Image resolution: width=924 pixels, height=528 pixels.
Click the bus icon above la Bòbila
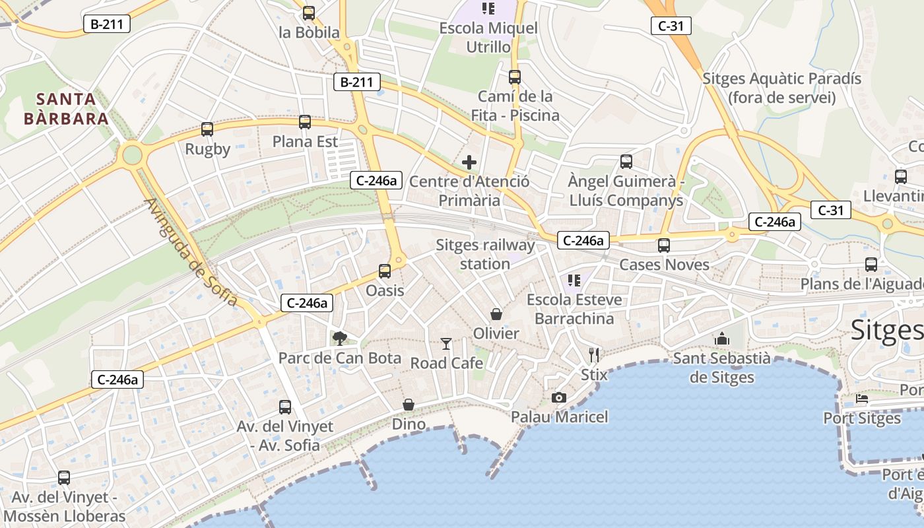[308, 13]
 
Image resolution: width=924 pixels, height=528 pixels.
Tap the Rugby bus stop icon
[207, 129]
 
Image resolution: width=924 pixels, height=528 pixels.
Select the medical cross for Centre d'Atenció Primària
[469, 162]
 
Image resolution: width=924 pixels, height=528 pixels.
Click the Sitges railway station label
[485, 254]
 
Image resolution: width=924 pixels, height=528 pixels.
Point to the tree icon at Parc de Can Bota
[339, 339]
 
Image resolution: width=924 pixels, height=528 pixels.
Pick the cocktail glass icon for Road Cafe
[446, 343]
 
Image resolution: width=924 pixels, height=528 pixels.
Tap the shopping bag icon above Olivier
[496, 314]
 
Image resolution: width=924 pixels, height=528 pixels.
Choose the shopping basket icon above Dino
[409, 404]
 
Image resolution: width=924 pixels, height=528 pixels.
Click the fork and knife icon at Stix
[594, 355]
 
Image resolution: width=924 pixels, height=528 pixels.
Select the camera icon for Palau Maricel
[559, 397]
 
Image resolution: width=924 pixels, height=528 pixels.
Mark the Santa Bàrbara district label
[65, 109]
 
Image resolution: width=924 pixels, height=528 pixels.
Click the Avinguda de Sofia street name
[190, 252]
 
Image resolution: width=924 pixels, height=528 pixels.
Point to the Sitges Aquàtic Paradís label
[781, 88]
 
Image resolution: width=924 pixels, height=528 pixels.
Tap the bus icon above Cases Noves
[664, 246]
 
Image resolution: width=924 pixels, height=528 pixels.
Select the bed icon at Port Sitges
[862, 399]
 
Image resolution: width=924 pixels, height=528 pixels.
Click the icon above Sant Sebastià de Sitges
[722, 339]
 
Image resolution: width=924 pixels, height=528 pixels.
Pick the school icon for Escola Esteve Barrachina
[574, 280]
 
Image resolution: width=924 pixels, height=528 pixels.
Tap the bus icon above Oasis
[385, 271]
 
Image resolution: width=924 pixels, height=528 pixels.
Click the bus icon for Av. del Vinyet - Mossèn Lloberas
[64, 477]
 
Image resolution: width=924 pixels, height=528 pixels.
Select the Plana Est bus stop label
[305, 142]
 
